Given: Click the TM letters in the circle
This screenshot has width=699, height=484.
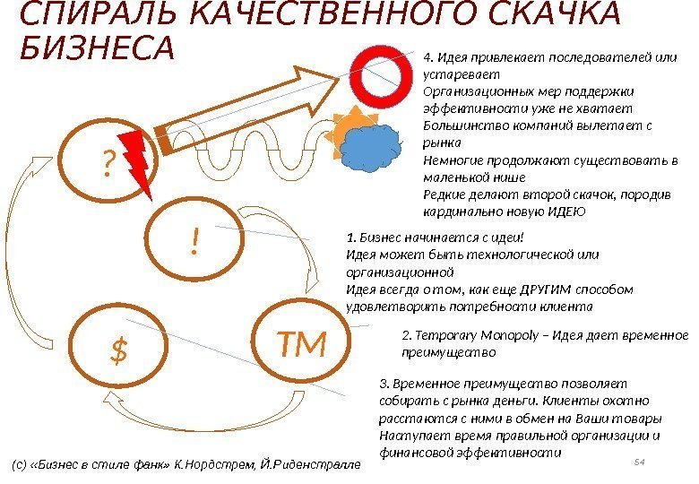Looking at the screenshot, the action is click(300, 341).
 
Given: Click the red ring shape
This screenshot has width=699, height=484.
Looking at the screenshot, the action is click(381, 73).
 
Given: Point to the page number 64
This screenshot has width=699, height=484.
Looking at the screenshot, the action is click(640, 461).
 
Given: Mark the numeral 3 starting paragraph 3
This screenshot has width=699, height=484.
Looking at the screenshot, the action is click(383, 383).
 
